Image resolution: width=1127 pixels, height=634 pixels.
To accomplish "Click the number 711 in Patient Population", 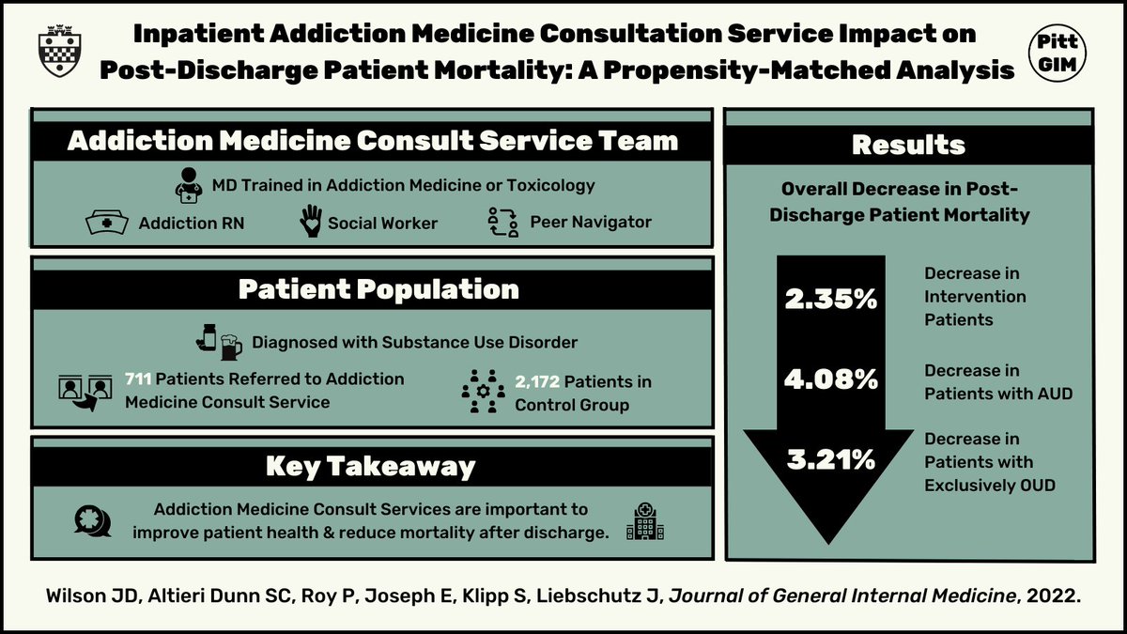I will tap(137, 379).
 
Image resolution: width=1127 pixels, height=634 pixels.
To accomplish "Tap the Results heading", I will tap(907, 145).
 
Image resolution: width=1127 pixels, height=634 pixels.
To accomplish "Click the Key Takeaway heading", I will tap(370, 466).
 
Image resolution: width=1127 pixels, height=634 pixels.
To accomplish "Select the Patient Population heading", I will tap(378, 288).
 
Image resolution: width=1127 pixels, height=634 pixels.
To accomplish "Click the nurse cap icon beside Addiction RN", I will tap(106, 224).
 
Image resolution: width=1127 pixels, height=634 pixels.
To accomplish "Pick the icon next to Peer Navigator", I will tap(503, 223).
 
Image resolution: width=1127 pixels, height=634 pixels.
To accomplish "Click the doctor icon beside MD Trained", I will tap(189, 186).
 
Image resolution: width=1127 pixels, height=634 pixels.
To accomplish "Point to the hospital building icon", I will tap(644, 519).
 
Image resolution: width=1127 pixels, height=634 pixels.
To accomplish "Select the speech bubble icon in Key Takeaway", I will tap(92, 519).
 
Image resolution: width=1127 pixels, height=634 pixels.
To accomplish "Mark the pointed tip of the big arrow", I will tap(828, 542).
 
